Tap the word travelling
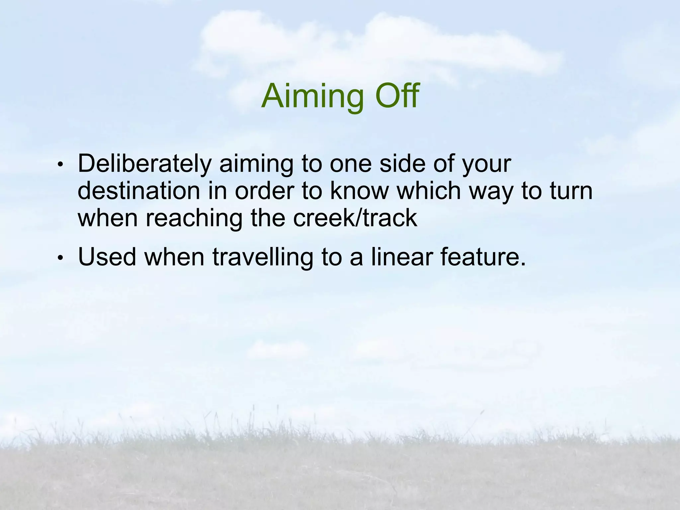pyautogui.click(x=262, y=257)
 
